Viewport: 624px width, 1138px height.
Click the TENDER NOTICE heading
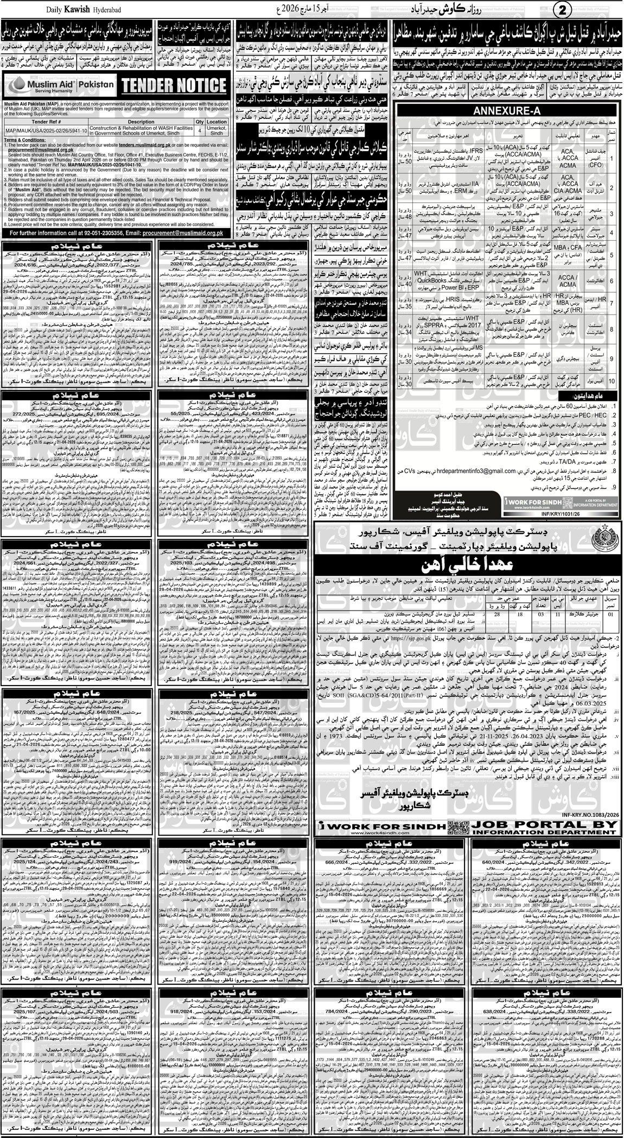click(173, 85)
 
